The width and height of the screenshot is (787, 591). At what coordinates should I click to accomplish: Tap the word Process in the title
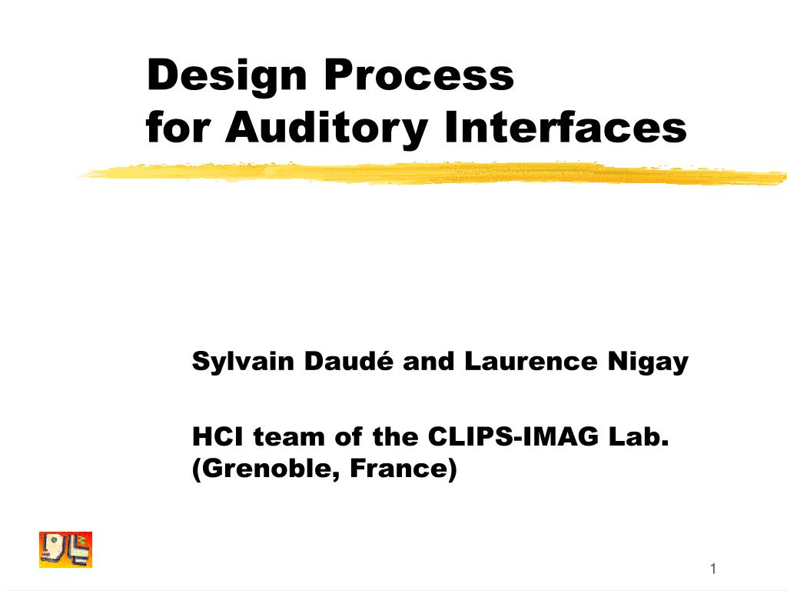[418, 75]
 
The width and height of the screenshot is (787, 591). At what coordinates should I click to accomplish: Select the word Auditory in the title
[326, 127]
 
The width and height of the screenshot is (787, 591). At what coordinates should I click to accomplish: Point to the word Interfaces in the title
[565, 127]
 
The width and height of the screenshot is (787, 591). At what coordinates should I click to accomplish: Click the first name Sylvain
[232, 361]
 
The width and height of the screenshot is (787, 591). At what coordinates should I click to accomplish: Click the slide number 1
[713, 569]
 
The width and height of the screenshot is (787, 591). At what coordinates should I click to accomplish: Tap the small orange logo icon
[65, 549]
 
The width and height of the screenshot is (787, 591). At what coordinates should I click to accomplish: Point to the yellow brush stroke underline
[430, 174]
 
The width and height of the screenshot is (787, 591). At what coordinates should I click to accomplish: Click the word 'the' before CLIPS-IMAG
[396, 437]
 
